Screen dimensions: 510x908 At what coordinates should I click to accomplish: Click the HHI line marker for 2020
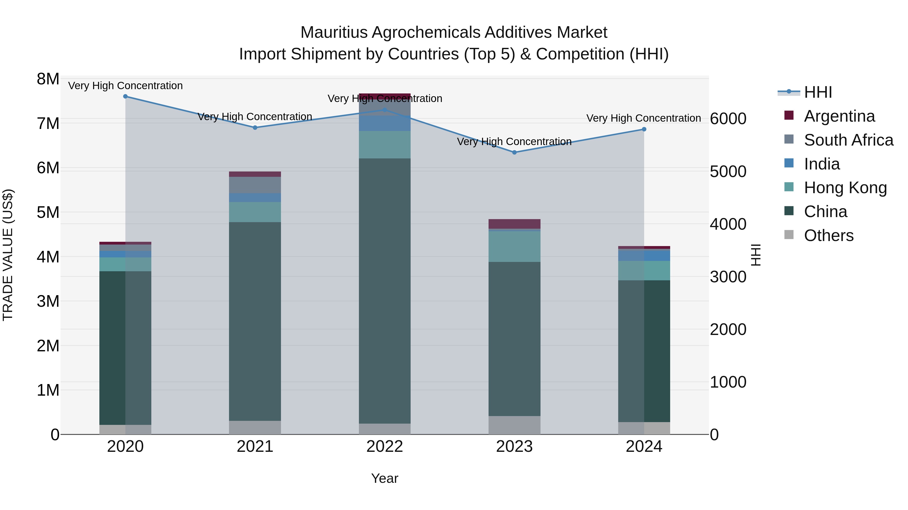click(x=126, y=96)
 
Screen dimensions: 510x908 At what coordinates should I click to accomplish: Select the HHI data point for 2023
click(x=514, y=152)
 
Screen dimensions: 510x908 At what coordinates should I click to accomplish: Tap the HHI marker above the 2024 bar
click(x=644, y=129)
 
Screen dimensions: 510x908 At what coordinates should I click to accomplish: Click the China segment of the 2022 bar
click(x=385, y=290)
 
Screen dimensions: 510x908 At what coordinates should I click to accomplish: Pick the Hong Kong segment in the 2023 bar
click(x=514, y=246)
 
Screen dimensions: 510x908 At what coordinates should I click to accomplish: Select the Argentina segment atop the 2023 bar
click(x=514, y=224)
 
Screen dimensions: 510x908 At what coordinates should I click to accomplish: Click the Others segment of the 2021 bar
click(x=255, y=427)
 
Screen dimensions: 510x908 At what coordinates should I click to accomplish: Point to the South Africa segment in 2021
click(x=255, y=185)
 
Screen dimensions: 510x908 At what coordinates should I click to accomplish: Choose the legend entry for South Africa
click(x=848, y=140)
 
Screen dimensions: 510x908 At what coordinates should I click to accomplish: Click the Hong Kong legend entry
click(x=845, y=188)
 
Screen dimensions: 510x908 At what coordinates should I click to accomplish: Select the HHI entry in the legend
click(x=818, y=92)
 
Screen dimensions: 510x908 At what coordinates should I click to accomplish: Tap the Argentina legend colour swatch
click(x=789, y=115)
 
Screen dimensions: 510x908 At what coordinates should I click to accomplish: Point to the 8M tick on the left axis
click(x=48, y=79)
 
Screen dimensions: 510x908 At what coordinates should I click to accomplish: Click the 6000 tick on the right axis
click(x=728, y=119)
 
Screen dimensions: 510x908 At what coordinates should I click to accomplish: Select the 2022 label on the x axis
click(x=385, y=447)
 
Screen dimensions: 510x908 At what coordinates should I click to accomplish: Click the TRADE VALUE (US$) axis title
click(x=8, y=255)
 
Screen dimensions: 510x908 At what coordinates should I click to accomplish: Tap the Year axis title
click(x=385, y=478)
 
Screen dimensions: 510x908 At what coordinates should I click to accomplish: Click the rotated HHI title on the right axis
click(x=756, y=255)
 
